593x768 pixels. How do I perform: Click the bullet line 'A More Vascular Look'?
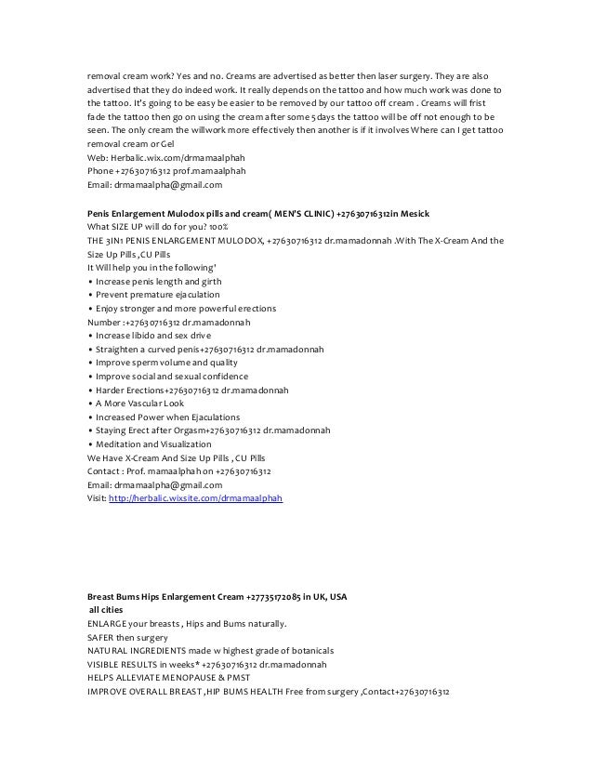[138, 404]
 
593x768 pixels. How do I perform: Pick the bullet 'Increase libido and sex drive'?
[151, 336]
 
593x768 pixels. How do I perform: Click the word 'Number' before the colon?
[103, 322]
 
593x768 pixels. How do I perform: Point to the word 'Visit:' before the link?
[97, 498]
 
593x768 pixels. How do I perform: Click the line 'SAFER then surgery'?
[126, 637]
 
